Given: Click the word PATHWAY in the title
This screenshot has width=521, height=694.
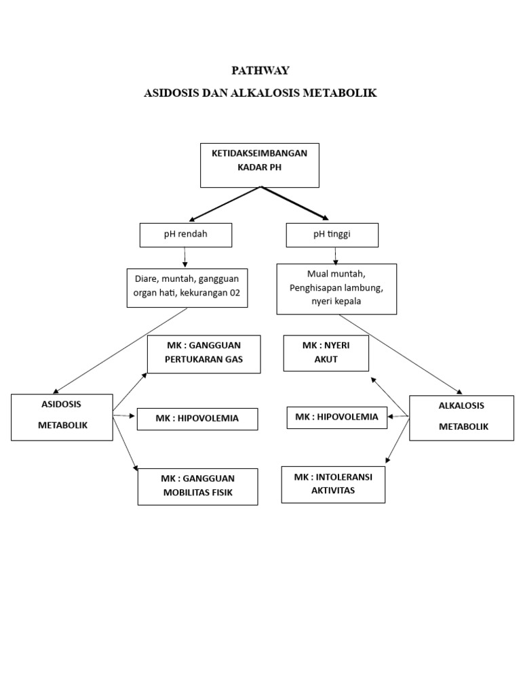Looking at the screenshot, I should point(260,70).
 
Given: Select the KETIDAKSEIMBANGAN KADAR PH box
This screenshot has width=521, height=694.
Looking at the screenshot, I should point(259,165).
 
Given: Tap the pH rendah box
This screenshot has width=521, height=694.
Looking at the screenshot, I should point(185,235).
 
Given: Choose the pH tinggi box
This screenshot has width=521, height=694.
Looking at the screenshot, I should point(332,235).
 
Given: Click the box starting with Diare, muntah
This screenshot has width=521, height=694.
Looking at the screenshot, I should point(187,288).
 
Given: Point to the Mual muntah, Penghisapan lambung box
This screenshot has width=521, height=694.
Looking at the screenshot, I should point(336,289).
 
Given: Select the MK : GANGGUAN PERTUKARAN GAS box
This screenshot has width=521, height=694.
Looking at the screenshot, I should point(204,353).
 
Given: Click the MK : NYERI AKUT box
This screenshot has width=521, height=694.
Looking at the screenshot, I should point(326,353).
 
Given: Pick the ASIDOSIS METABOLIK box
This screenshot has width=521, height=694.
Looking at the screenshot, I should point(62,417).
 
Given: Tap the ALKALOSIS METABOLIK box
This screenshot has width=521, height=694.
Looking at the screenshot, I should point(461,417).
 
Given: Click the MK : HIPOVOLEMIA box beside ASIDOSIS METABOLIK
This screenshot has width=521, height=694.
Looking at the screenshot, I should point(197,419).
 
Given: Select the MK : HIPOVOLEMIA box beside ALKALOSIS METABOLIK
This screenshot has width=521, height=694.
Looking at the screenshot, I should point(337,417).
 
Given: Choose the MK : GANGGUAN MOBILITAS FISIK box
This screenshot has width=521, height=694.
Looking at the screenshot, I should point(197,486).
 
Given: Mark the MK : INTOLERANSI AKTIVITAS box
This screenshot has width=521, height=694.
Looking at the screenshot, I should point(333,484).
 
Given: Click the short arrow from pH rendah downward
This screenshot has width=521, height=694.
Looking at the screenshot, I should point(185,257).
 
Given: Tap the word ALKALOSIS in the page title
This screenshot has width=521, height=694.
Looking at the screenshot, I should point(260,93).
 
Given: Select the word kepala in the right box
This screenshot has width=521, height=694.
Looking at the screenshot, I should point(347,302).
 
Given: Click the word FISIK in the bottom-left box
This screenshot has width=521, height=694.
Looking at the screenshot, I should point(220,493).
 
